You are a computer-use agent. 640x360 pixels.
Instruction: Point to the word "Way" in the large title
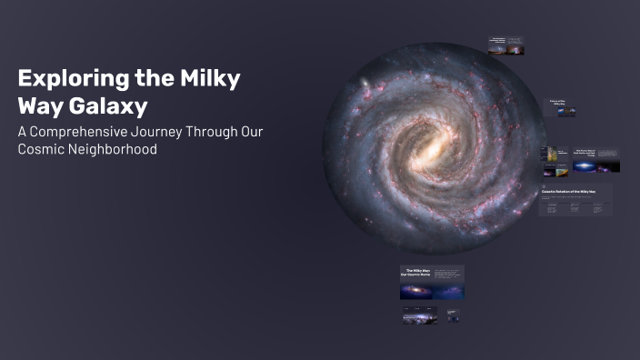click(39, 106)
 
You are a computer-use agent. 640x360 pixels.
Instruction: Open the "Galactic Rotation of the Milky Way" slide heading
click(569, 192)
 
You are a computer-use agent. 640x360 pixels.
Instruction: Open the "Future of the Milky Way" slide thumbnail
click(560, 107)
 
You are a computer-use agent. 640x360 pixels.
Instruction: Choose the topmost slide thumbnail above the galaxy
click(505, 45)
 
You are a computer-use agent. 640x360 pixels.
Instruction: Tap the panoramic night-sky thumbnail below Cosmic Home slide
click(420, 315)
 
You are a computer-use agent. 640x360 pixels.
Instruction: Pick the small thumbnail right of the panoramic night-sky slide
click(453, 315)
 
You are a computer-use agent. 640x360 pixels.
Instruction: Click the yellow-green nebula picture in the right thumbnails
click(550, 169)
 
